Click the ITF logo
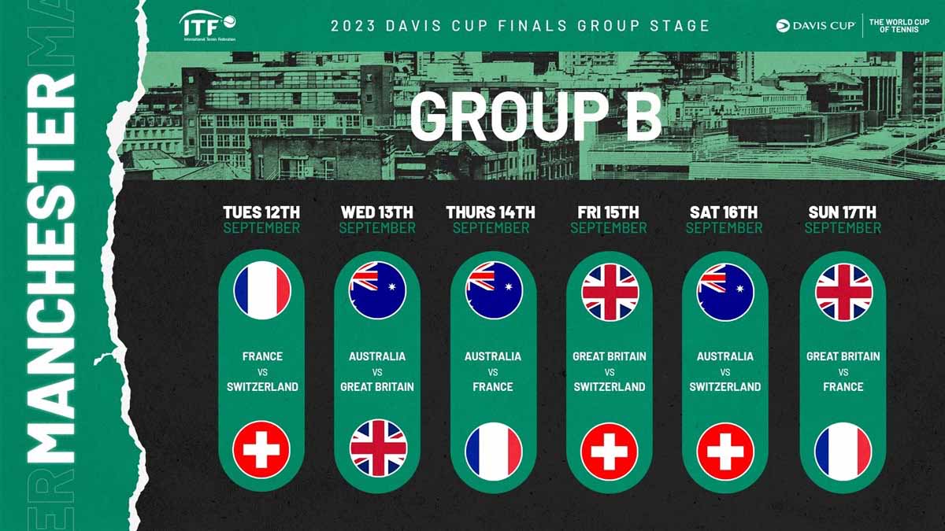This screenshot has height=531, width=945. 208,26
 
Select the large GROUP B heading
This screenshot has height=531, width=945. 535,116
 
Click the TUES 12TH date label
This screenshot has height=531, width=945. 261,212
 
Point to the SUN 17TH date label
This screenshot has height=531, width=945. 842,212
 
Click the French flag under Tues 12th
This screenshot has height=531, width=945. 262,290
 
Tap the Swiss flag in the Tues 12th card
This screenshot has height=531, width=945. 261,450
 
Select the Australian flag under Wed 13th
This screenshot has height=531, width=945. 377,290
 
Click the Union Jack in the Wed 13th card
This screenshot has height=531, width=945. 378,448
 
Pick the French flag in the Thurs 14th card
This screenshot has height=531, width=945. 494,452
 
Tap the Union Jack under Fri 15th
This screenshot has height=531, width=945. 610,293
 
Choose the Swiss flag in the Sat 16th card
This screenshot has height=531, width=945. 725,452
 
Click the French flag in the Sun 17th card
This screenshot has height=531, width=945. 843,452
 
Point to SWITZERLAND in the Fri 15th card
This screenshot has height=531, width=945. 610,387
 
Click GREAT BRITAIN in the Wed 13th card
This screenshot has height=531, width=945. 377,387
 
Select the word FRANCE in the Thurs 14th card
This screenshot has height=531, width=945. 493,387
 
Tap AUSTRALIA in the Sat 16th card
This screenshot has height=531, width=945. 725,356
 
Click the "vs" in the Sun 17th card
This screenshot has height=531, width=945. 843,372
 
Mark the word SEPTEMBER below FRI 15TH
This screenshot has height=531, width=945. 608,228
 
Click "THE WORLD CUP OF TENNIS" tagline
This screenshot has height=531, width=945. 899,26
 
